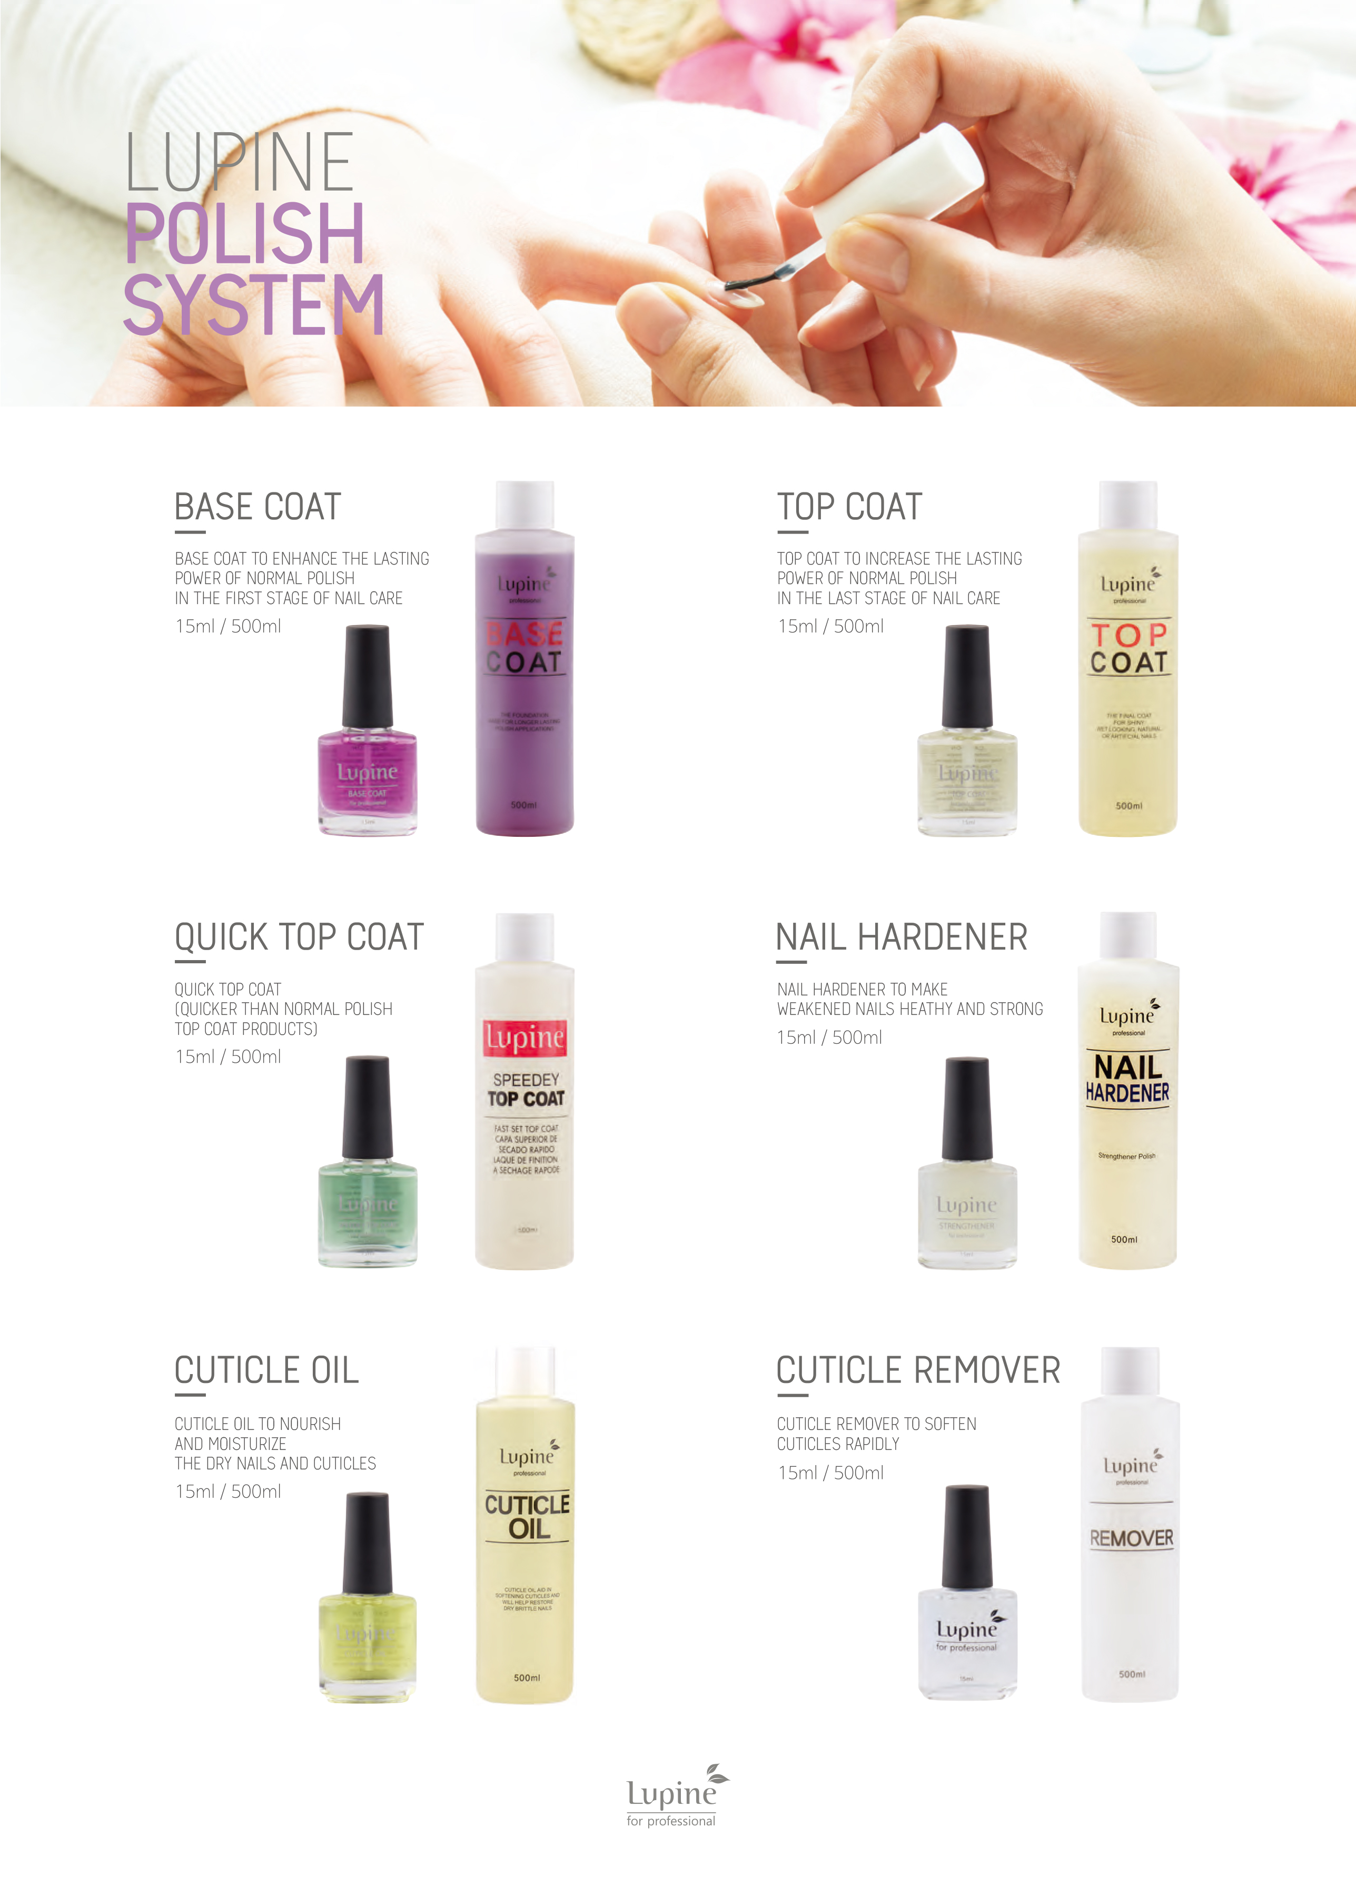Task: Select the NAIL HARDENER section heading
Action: (x=901, y=937)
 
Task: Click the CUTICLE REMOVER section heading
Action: (x=918, y=1370)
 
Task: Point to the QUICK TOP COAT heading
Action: (x=299, y=937)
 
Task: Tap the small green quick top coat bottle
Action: (x=368, y=1211)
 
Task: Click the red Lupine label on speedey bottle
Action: (x=524, y=1038)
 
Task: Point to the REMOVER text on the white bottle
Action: (x=1131, y=1538)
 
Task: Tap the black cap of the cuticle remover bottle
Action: (x=967, y=1536)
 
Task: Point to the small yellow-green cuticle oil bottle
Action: (x=368, y=1641)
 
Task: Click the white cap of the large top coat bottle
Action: (x=1127, y=505)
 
